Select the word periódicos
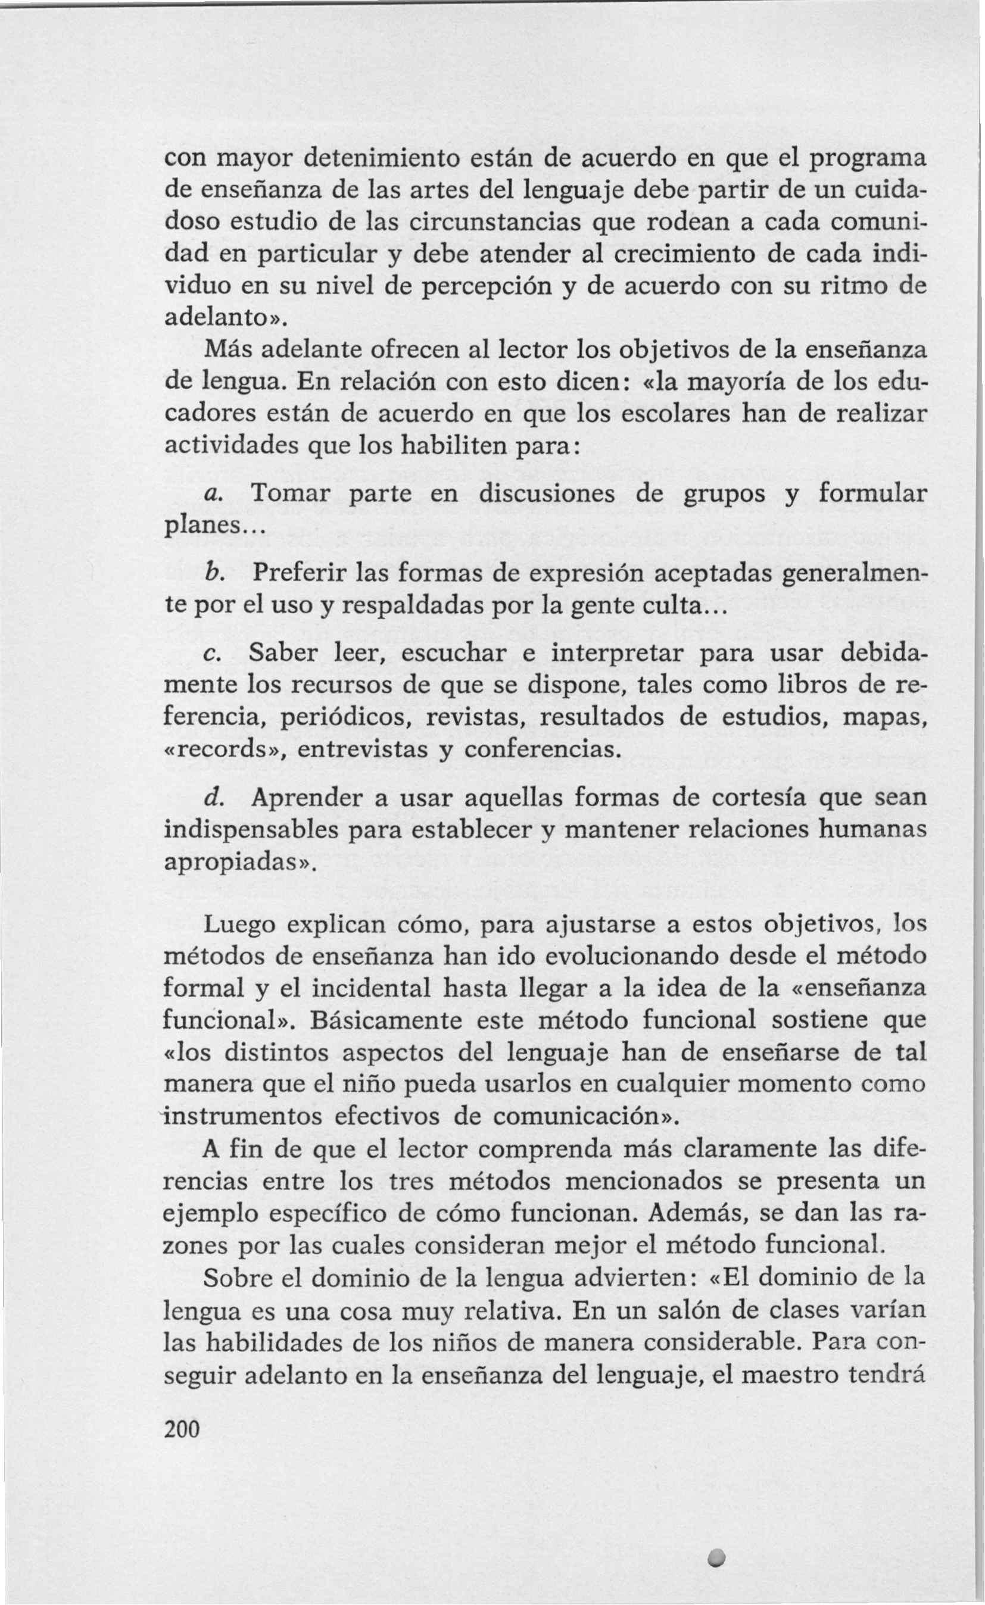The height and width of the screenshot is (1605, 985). click(x=347, y=719)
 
